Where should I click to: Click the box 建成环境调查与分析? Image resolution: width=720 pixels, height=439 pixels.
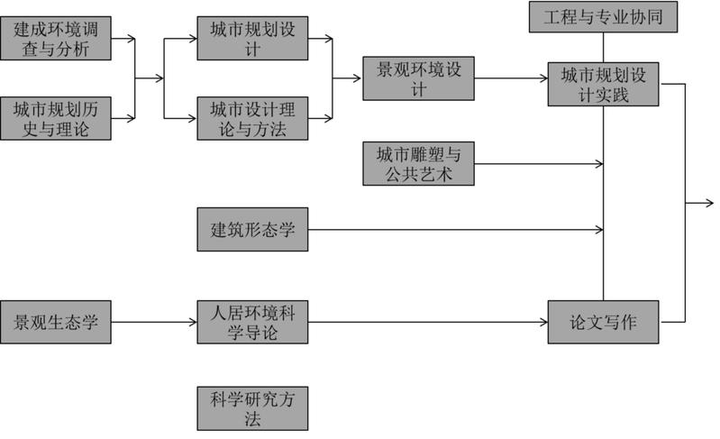tap(56, 39)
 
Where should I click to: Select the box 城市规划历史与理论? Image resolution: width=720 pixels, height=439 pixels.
tap(56, 119)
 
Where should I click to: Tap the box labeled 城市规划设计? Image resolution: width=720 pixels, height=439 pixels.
tap(252, 39)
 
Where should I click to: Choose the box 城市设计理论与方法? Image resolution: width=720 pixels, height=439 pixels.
tap(252, 119)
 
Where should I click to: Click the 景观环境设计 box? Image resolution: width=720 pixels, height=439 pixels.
tap(418, 78)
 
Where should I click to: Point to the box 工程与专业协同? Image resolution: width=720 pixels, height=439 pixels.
tap(603, 16)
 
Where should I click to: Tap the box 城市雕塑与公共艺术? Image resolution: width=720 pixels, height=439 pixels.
tap(418, 164)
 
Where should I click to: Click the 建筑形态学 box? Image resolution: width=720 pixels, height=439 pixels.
tap(252, 229)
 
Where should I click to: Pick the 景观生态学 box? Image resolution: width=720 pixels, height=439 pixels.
tap(56, 322)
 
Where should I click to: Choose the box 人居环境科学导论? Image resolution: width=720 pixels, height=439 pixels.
tap(252, 322)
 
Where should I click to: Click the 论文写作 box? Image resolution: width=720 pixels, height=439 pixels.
tap(603, 322)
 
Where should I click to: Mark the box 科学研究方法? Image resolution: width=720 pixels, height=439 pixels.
tap(252, 407)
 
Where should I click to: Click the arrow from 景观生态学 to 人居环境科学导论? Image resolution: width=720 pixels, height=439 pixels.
tap(153, 322)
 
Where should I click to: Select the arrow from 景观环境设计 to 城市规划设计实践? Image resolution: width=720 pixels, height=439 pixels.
tap(510, 78)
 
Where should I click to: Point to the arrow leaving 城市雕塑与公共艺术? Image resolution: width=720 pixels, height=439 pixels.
tap(537, 164)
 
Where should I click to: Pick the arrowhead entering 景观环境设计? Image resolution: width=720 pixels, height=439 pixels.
tap(358, 78)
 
